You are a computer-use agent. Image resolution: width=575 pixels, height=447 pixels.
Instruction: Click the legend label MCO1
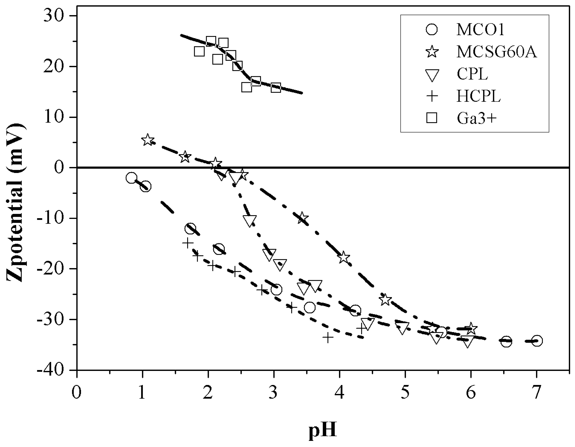pos(480,30)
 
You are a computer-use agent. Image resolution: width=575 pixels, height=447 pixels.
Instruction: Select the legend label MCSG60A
pos(496,52)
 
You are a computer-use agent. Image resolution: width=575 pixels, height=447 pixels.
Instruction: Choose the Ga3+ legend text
pos(477,118)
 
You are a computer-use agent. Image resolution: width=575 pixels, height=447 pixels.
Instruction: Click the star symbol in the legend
pos(432,52)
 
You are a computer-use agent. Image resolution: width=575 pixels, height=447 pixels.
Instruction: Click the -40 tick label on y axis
pos(51,370)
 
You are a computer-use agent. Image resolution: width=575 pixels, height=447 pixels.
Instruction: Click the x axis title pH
pos(323,430)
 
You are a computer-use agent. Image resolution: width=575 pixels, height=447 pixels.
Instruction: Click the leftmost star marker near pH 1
pos(148,140)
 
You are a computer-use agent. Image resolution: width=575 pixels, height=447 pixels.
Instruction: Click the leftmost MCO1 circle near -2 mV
pos(131,178)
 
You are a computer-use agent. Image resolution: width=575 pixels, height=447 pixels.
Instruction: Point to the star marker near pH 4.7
pos(385,299)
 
